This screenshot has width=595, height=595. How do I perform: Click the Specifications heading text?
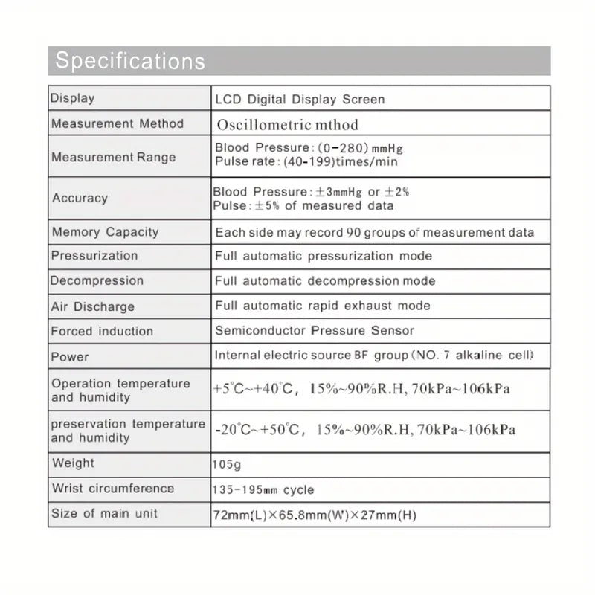(x=130, y=60)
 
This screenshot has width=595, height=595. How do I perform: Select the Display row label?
(x=72, y=98)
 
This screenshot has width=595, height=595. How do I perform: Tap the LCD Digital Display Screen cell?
(x=300, y=99)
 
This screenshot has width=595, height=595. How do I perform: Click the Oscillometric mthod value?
(x=288, y=124)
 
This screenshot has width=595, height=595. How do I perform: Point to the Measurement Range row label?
(x=114, y=157)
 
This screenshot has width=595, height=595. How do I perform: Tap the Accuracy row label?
(x=80, y=198)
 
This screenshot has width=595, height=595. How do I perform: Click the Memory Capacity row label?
(x=105, y=231)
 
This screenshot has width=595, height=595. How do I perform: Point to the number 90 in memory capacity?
(x=353, y=232)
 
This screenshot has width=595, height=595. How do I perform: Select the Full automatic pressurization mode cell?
(x=324, y=256)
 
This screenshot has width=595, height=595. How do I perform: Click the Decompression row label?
(x=97, y=281)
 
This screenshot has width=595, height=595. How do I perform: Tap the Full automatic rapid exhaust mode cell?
(x=323, y=306)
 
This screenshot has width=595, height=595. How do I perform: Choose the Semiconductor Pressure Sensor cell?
(x=315, y=331)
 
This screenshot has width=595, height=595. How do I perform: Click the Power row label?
(x=69, y=357)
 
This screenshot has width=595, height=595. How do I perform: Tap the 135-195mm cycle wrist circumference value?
(x=264, y=490)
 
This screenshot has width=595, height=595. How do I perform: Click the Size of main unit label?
(x=104, y=513)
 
